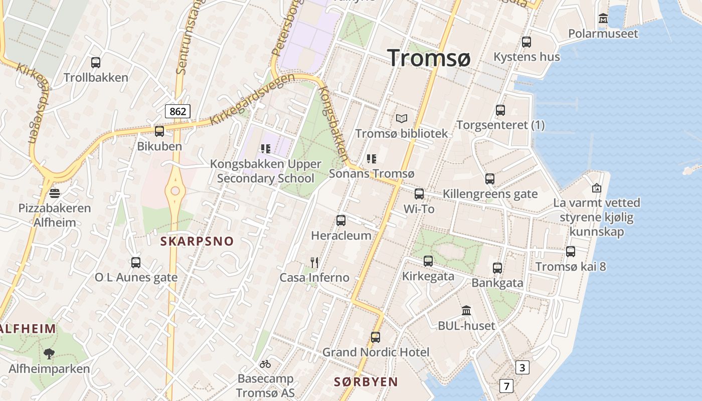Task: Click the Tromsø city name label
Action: click(x=429, y=58)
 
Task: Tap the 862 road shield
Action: click(x=178, y=111)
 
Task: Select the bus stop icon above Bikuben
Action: click(x=159, y=131)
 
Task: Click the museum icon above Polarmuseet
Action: click(x=603, y=19)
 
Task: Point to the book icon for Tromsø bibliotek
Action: click(x=401, y=119)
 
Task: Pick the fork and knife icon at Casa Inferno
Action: click(x=314, y=262)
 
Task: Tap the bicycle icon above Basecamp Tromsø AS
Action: click(x=265, y=364)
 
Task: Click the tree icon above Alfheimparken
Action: click(x=49, y=354)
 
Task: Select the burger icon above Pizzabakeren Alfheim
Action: click(x=55, y=193)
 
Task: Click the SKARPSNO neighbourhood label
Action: click(x=197, y=241)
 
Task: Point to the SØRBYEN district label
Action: click(x=366, y=382)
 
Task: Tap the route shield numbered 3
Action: click(x=522, y=368)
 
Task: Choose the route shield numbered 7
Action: click(x=506, y=386)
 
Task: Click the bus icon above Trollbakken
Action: click(x=96, y=63)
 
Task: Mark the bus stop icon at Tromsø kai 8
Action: click(x=571, y=252)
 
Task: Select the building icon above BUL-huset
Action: click(x=466, y=311)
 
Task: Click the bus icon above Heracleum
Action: click(x=341, y=221)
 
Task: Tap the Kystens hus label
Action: click(x=526, y=57)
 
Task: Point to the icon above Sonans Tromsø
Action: click(x=372, y=159)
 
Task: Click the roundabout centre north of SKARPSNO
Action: click(x=175, y=190)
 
